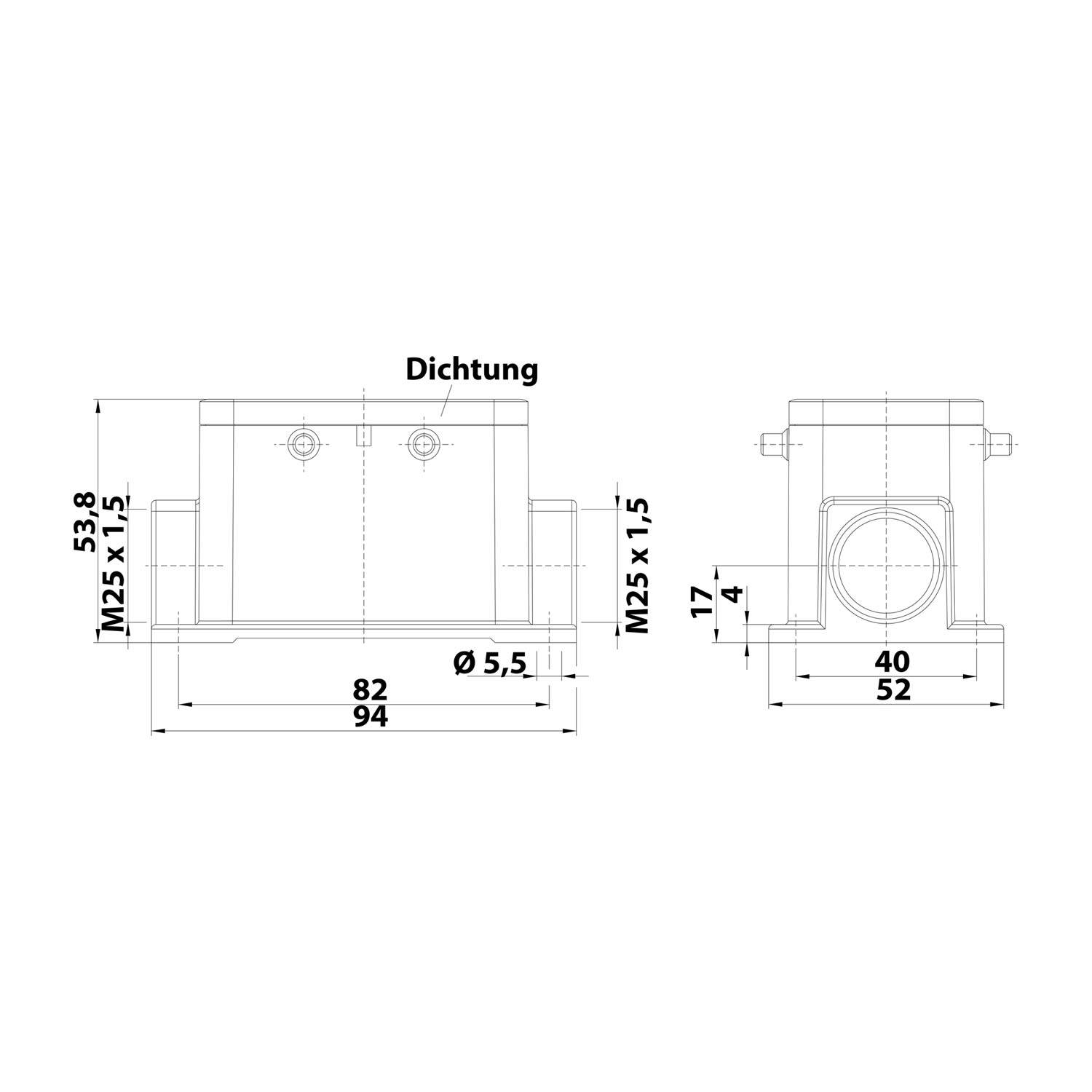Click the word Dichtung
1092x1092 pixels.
[472, 369]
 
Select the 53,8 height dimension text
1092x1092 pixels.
[85, 521]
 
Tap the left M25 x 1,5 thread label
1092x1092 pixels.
[114, 565]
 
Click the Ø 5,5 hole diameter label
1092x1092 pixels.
[488, 662]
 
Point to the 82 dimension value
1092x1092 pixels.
[371, 689]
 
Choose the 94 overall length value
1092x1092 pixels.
[371, 718]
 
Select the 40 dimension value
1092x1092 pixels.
[892, 662]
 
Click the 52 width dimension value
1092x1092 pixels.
[893, 690]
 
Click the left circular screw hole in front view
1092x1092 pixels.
[301, 443]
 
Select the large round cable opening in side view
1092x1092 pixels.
[885, 566]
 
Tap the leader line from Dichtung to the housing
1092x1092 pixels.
[447, 399]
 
